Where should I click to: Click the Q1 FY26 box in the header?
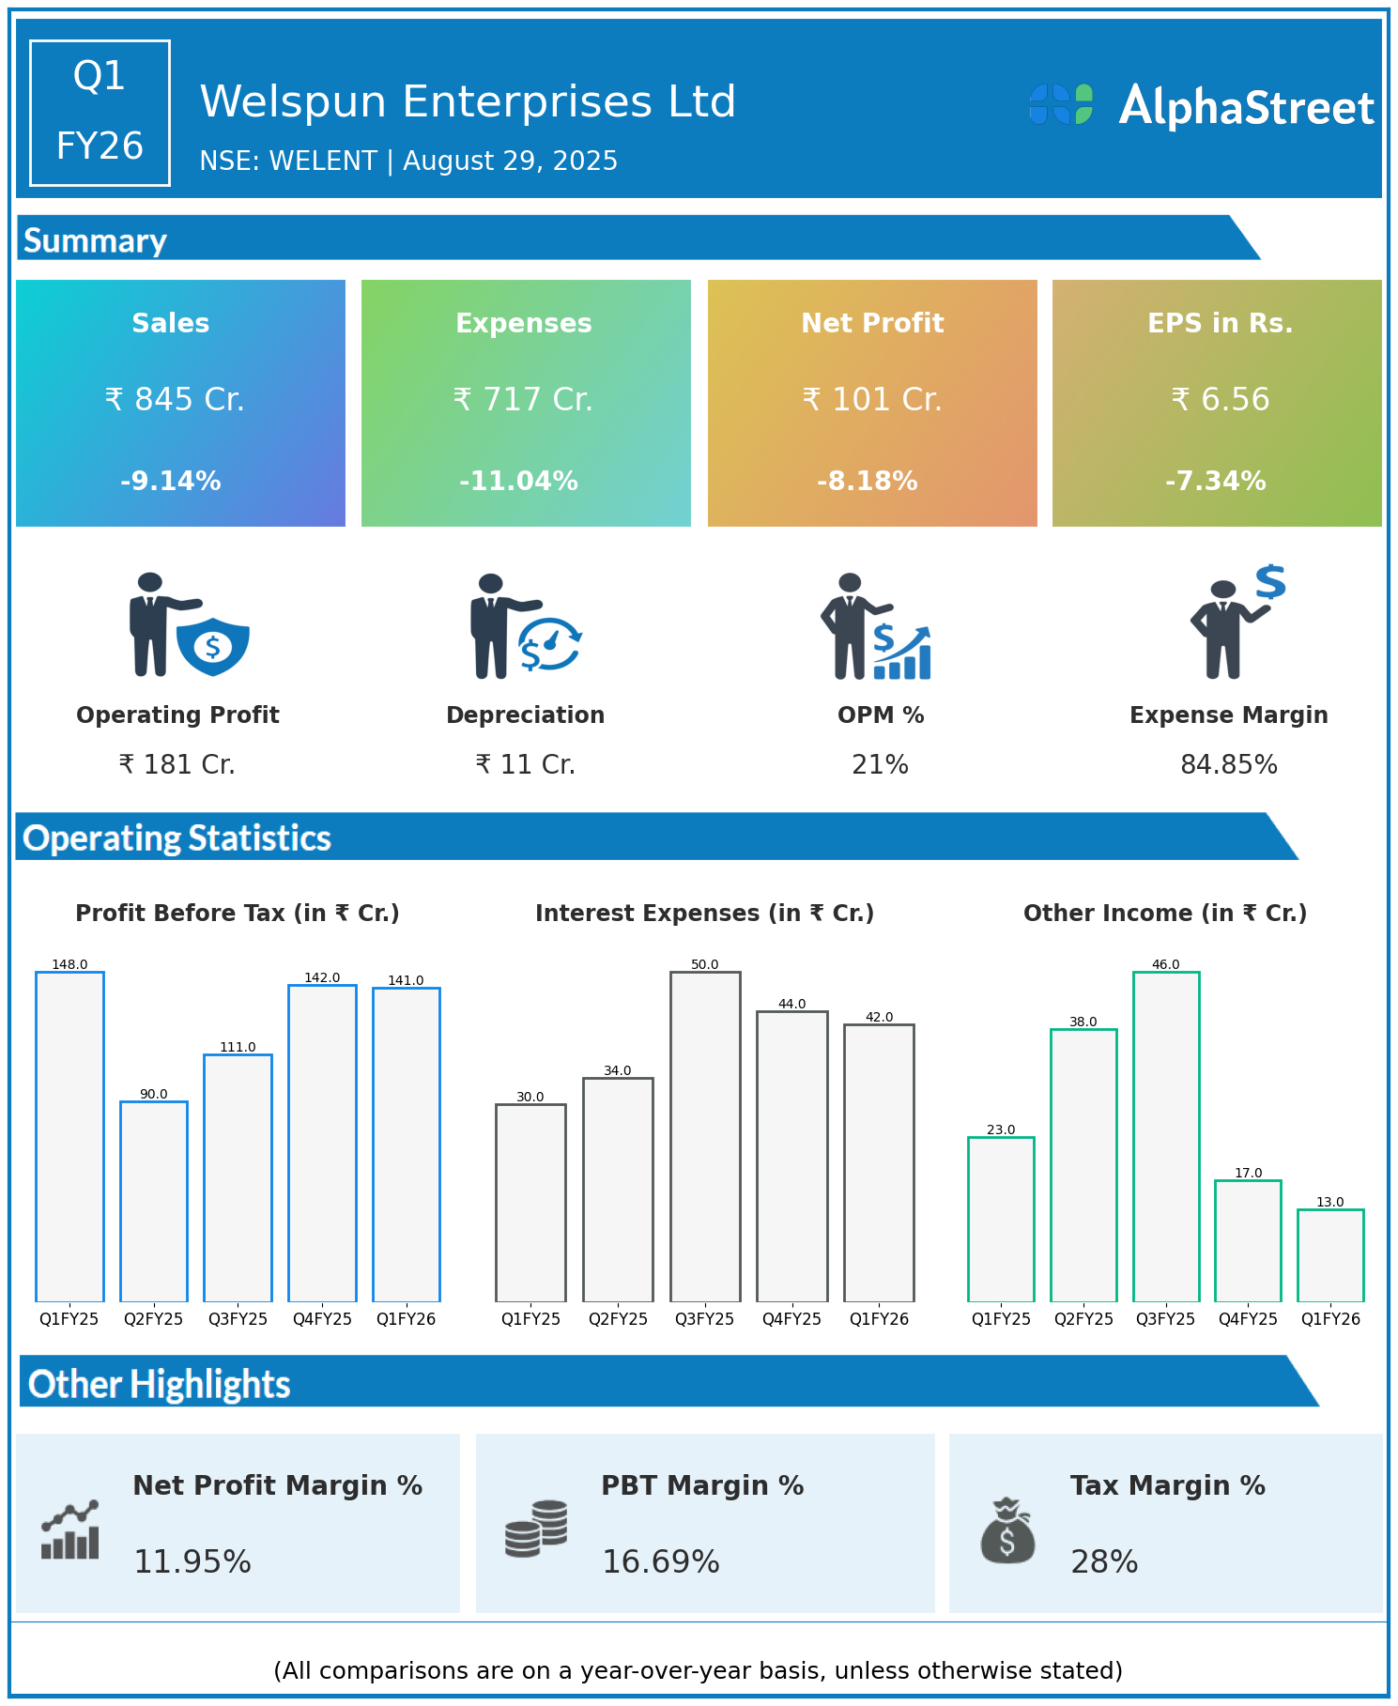[100, 113]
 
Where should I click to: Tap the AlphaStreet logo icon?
[1061, 104]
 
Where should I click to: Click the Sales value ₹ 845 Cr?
[175, 400]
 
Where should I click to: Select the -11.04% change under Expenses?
[518, 482]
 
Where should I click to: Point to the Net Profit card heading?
[872, 323]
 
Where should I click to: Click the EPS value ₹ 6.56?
[1221, 400]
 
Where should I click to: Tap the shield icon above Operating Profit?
[213, 646]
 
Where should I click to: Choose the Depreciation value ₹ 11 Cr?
[526, 765]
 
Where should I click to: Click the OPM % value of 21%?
[880, 765]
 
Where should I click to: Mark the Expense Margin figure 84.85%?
[1229, 765]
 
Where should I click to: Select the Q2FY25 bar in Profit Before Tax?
[154, 1202]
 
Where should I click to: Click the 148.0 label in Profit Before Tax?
[69, 965]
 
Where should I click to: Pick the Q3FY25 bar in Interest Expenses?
[705, 1136]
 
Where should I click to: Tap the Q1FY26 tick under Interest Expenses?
[879, 1319]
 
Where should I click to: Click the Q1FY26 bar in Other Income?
[1330, 1255]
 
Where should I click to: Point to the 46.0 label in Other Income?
[1165, 965]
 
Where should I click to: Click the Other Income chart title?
[1165, 914]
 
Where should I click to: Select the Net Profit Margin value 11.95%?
[192, 1562]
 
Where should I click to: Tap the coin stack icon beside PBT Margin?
[536, 1529]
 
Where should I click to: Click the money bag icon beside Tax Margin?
[1007, 1530]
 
